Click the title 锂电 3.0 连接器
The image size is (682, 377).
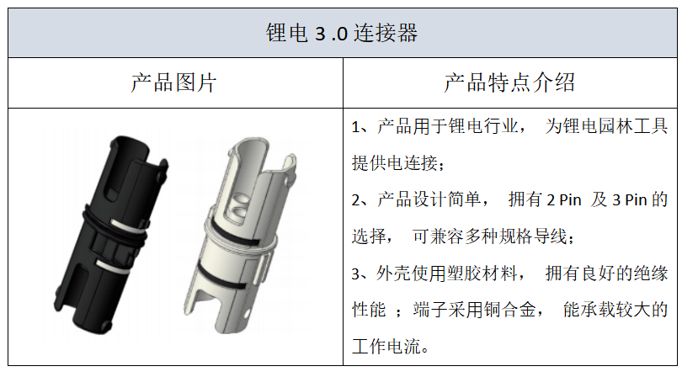342,33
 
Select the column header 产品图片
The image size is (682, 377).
173,82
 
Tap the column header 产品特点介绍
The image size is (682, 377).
509,82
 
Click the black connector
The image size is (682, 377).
111,235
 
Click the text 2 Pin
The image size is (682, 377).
563,200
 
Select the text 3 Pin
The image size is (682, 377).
629,200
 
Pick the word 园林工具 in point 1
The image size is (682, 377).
633,126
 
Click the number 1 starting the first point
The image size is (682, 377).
356,127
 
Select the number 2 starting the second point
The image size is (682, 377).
356,200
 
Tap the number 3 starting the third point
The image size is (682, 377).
356,274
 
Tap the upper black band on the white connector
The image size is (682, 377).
235,235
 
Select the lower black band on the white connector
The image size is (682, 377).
221,276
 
